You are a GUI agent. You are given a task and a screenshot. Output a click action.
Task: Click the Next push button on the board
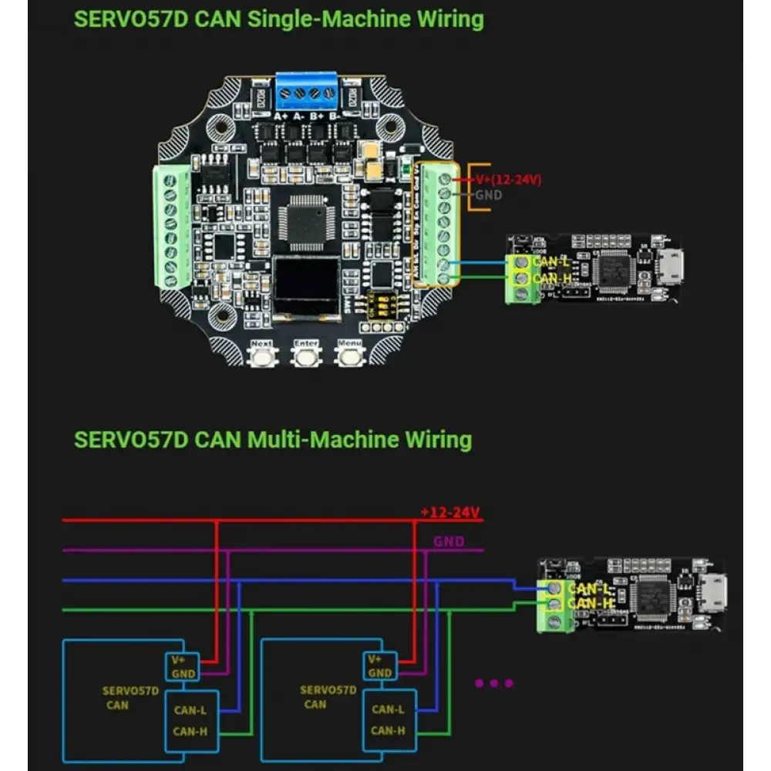pyautogui.click(x=262, y=356)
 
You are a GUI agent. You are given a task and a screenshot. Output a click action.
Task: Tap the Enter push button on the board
pyautogui.click(x=306, y=356)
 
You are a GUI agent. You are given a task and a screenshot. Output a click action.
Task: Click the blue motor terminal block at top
pyautogui.click(x=308, y=93)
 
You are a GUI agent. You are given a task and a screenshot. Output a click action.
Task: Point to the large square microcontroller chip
pyautogui.click(x=309, y=218)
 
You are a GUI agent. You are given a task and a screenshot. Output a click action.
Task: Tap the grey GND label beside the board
pyautogui.click(x=488, y=195)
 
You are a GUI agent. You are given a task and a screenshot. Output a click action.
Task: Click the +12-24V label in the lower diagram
pyautogui.click(x=451, y=512)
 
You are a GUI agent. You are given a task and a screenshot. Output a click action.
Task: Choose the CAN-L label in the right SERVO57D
pyautogui.click(x=388, y=709)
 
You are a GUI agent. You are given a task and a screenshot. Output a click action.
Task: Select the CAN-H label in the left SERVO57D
pyautogui.click(x=189, y=731)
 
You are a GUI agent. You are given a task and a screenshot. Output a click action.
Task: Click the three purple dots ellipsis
pyautogui.click(x=494, y=682)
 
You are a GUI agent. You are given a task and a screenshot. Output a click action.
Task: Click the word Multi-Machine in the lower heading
pyautogui.click(x=321, y=440)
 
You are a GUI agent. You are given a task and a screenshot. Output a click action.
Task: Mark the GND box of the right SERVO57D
pyautogui.click(x=380, y=673)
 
